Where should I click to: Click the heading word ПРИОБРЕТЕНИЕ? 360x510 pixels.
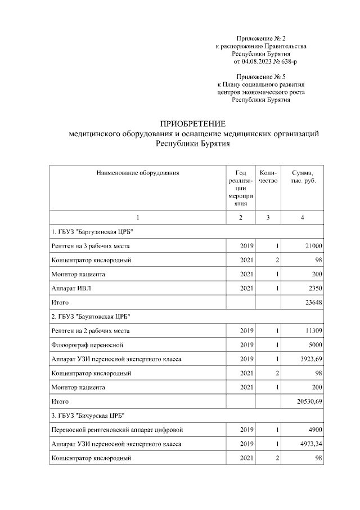[x=193, y=124]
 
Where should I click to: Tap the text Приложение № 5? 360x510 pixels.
[x=261, y=75]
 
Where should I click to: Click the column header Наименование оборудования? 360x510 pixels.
[x=138, y=173]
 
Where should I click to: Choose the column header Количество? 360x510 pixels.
[x=268, y=177]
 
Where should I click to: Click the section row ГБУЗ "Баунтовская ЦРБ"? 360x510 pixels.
[x=94, y=316]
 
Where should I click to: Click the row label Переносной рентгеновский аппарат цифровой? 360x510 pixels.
[x=116, y=430]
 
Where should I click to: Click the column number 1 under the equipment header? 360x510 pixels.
[x=138, y=217]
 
